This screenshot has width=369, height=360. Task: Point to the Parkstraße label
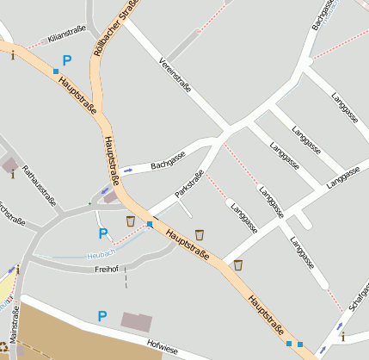tap(189, 185)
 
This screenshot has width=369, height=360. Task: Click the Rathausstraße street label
tap(39, 185)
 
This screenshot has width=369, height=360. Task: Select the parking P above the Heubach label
tap(103, 233)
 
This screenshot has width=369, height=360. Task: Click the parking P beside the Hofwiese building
tap(102, 317)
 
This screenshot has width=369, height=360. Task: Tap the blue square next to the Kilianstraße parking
tap(56, 70)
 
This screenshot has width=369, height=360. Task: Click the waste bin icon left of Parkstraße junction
tap(131, 221)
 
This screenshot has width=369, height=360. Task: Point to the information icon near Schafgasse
tap(342, 336)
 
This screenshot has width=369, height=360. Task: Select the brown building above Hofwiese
tap(136, 322)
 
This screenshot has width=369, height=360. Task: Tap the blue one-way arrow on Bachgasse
tap(128, 170)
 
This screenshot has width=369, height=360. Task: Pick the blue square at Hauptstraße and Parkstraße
tap(150, 225)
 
